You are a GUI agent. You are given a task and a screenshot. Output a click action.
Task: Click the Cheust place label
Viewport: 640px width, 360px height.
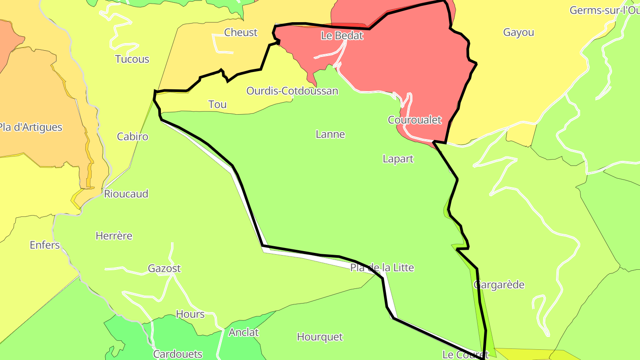pyautogui.click(x=240, y=32)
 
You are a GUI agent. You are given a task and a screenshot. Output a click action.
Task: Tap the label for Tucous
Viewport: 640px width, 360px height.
pyautogui.click(x=132, y=59)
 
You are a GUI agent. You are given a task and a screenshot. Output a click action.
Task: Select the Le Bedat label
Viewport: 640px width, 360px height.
pyautogui.click(x=342, y=36)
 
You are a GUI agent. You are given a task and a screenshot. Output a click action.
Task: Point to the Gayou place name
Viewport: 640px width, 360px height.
pyautogui.click(x=518, y=32)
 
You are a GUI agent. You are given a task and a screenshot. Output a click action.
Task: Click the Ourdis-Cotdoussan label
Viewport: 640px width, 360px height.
pyautogui.click(x=292, y=91)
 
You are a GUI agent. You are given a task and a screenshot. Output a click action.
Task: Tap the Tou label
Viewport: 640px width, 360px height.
pyautogui.click(x=217, y=104)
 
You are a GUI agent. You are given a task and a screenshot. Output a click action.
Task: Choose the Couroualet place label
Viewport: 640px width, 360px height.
pyautogui.click(x=414, y=120)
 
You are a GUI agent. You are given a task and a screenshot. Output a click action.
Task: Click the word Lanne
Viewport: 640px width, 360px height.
pyautogui.click(x=330, y=134)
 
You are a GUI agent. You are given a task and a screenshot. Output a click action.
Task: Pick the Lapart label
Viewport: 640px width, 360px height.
pyautogui.click(x=398, y=159)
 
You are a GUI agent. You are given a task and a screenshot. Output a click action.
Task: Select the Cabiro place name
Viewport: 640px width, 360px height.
pyautogui.click(x=132, y=136)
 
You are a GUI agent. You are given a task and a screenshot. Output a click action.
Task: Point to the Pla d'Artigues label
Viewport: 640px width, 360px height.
pyautogui.click(x=30, y=127)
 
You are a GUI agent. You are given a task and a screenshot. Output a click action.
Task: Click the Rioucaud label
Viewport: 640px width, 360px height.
pyautogui.click(x=126, y=194)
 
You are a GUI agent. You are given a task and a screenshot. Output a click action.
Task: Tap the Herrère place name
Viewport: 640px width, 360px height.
pyautogui.click(x=114, y=236)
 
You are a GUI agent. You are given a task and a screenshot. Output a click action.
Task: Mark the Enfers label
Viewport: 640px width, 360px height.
pyautogui.click(x=44, y=245)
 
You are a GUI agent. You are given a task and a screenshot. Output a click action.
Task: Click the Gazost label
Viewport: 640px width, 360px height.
pyautogui.click(x=164, y=268)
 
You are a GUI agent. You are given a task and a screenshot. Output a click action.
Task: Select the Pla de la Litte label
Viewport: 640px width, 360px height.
pyautogui.click(x=382, y=268)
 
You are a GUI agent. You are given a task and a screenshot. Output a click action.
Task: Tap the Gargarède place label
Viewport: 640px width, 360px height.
pyautogui.click(x=499, y=285)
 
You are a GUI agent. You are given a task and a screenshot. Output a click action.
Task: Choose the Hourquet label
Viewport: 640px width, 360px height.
pyautogui.click(x=320, y=337)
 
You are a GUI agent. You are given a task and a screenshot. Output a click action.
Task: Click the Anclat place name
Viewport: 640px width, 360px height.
pyautogui.click(x=244, y=332)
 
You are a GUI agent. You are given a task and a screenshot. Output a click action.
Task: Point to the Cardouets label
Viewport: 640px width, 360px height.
pyautogui.click(x=178, y=354)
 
